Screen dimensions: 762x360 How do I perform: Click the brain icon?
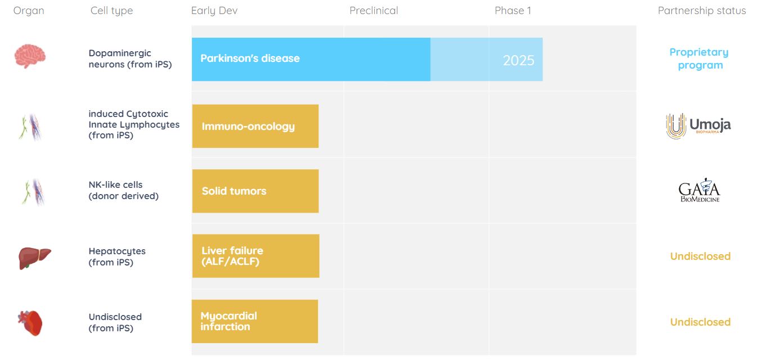pos(30,56)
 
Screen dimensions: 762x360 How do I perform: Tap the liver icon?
pos(34,258)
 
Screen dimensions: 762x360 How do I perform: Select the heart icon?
pos(30,323)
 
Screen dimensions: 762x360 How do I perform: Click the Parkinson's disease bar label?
pos(250,58)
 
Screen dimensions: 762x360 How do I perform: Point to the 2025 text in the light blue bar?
pos(518,61)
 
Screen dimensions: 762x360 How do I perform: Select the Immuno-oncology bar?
pos(256,126)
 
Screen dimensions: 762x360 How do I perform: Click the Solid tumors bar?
pos(256,191)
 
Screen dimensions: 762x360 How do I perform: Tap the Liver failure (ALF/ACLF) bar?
pos(256,256)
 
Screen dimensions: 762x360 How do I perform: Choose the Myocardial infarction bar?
pos(255,321)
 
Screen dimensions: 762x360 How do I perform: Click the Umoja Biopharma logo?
pos(698,126)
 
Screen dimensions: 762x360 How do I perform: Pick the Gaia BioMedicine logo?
pos(700,190)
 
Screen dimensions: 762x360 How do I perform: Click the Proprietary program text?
pos(700,58)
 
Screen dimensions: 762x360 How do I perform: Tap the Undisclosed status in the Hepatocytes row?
pos(701,256)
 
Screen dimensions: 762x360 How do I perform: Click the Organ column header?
pos(29,11)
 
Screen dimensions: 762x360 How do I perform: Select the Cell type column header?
pos(111,11)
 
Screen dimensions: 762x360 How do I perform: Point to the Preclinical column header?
pos(374,11)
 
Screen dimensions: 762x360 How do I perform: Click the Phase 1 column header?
pos(513,11)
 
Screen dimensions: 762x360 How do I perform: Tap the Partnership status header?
pos(702,11)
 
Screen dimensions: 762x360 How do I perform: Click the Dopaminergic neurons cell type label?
pos(131,59)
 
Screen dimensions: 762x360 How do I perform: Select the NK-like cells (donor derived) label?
pos(123,190)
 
